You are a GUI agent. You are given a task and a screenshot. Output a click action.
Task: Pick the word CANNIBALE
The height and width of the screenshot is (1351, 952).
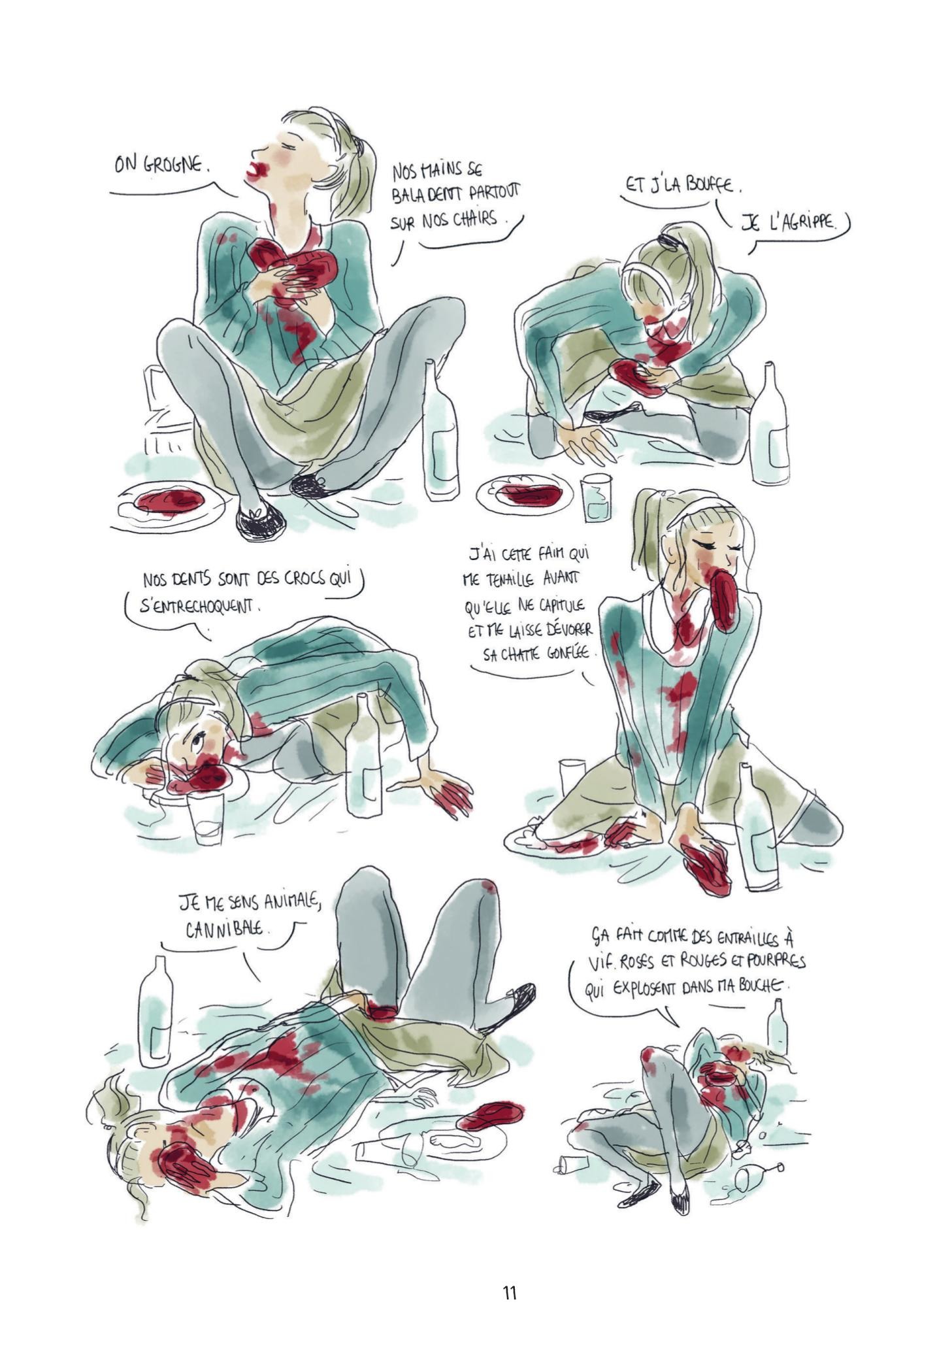(227, 929)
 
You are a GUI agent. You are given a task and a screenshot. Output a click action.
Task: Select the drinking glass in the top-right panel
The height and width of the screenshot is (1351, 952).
(597, 497)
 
